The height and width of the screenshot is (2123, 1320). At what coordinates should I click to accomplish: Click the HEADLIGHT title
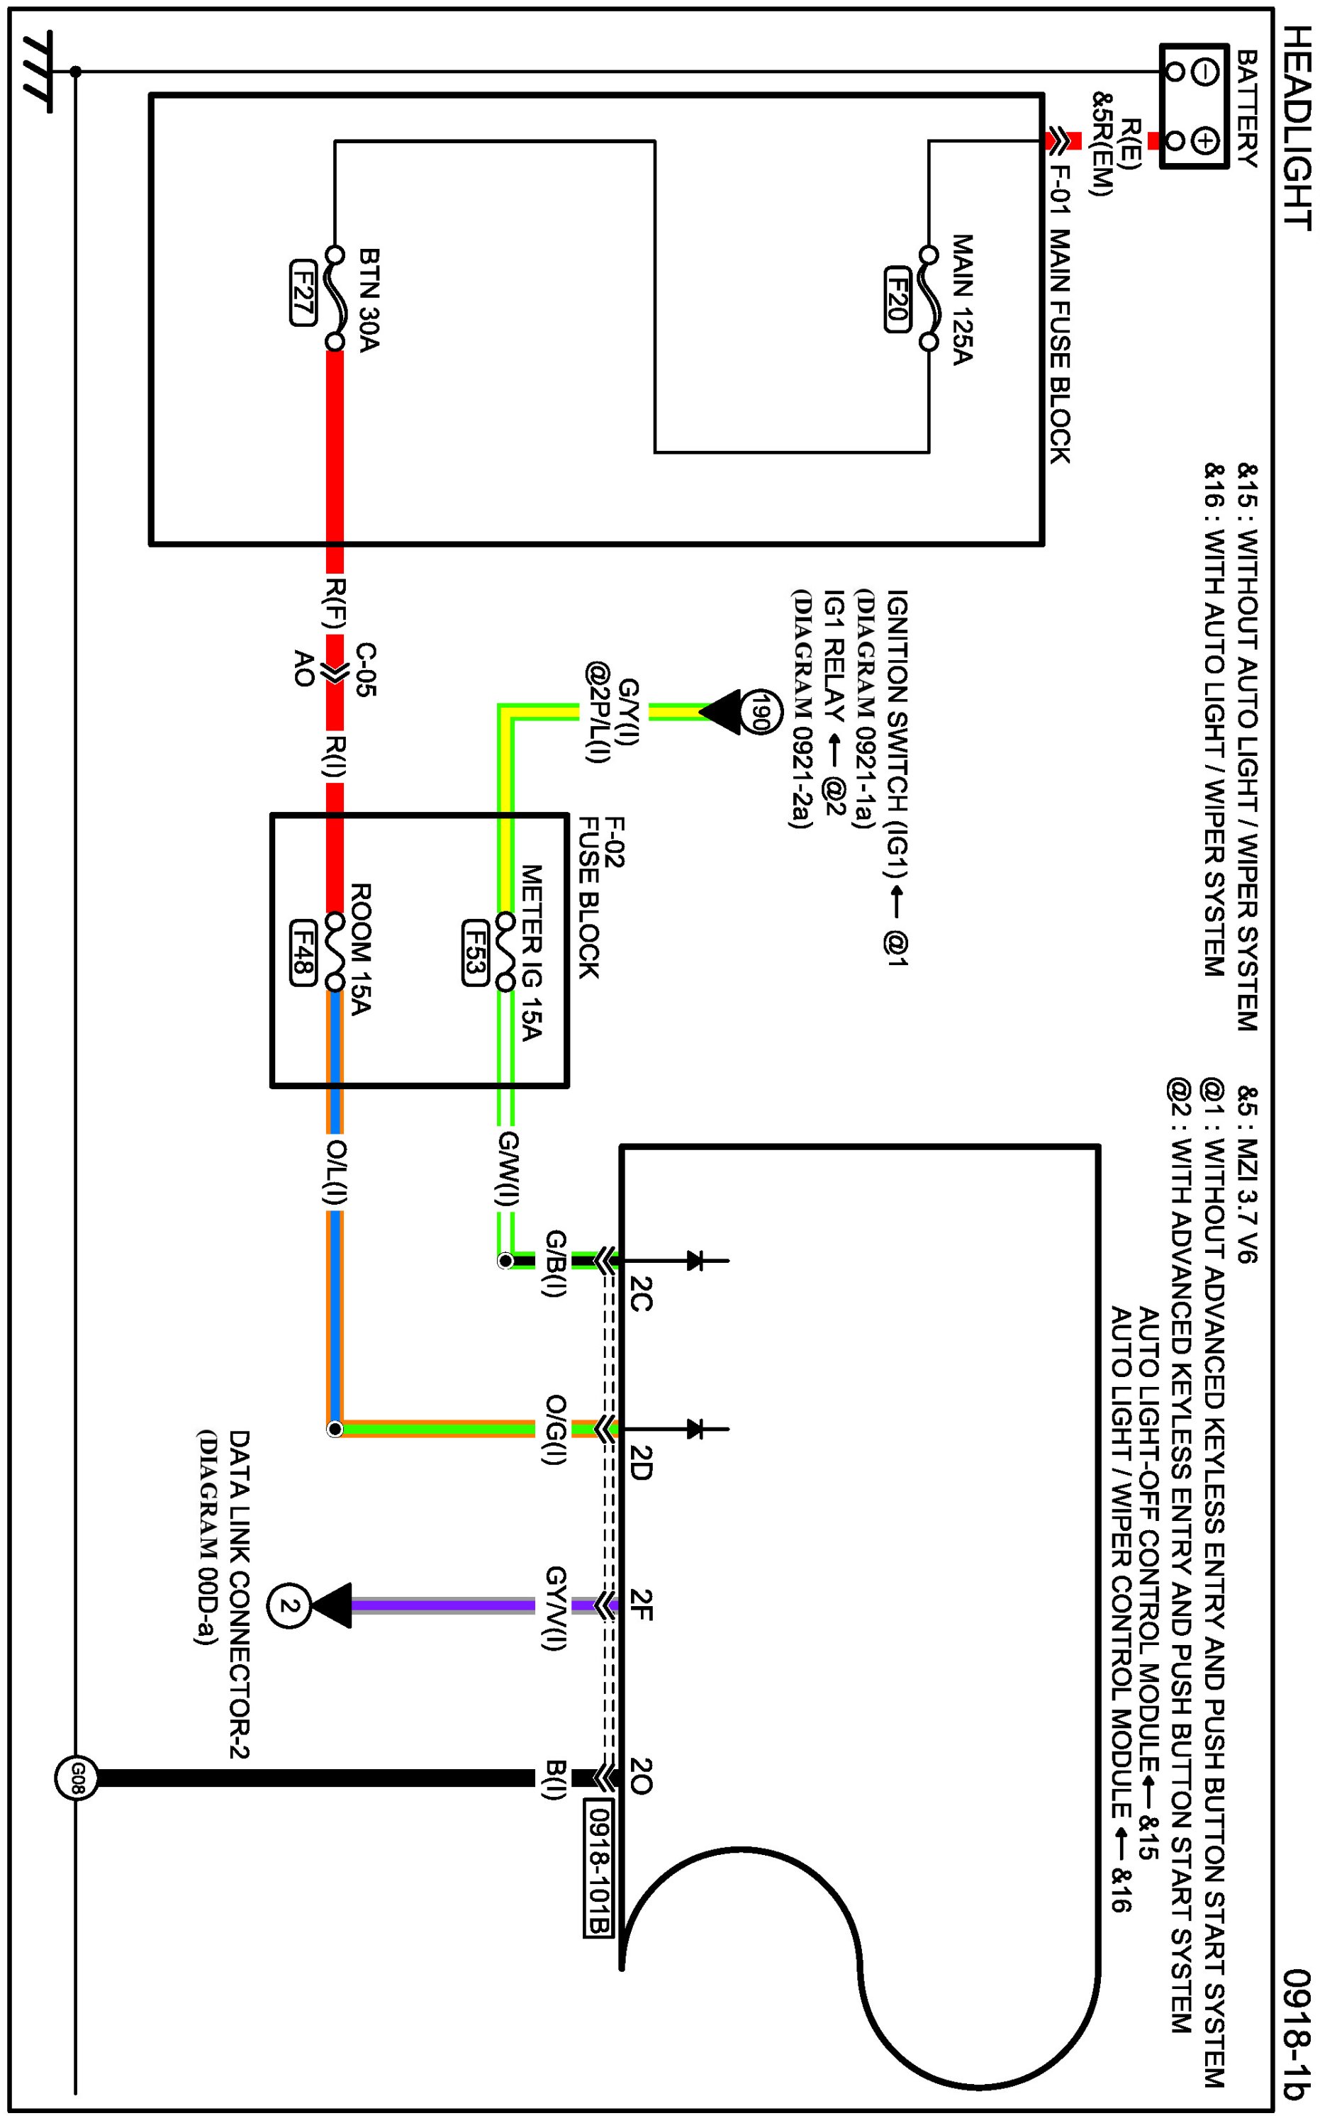click(1297, 129)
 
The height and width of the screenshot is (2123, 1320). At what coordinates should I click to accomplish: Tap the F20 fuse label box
click(897, 299)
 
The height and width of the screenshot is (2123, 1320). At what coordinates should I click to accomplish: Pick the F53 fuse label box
click(474, 952)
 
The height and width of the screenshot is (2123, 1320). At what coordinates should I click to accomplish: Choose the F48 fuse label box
click(302, 952)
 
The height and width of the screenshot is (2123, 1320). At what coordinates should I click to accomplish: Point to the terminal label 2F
click(640, 1605)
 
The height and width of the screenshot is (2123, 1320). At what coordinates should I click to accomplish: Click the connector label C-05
click(366, 670)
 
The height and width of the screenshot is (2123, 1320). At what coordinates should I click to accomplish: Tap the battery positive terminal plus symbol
click(1204, 140)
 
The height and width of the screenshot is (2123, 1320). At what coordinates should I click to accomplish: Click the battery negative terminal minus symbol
click(1204, 72)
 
